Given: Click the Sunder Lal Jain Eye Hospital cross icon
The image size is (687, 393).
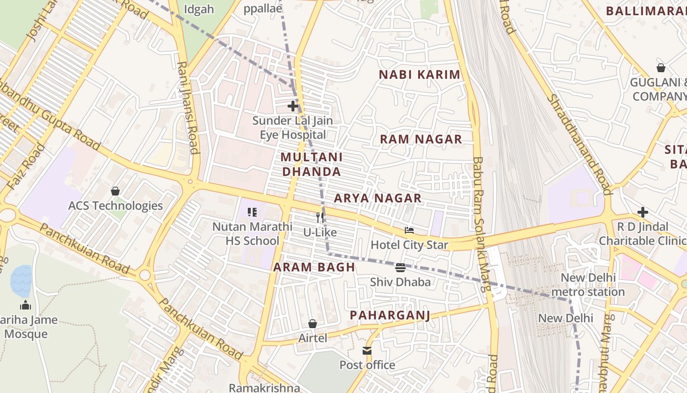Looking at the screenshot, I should pyautogui.click(x=293, y=106).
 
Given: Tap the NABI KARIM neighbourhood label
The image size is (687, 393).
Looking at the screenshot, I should pyautogui.click(x=420, y=75).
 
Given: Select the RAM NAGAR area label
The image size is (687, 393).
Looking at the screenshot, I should pyautogui.click(x=421, y=139).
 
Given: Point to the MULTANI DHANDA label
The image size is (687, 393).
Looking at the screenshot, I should pyautogui.click(x=311, y=164).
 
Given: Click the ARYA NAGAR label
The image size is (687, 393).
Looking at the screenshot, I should pyautogui.click(x=377, y=198).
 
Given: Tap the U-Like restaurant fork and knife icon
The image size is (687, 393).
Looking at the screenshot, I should pyautogui.click(x=320, y=217).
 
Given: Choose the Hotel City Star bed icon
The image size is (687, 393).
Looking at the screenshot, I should pyautogui.click(x=409, y=230).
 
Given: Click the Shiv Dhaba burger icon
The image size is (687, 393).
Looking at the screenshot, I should pyautogui.click(x=400, y=268).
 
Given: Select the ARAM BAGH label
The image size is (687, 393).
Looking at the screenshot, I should pyautogui.click(x=314, y=267).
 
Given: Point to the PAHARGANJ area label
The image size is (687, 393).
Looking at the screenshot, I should pyautogui.click(x=390, y=315).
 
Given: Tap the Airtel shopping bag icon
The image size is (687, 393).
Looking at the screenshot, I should pyautogui.click(x=313, y=324).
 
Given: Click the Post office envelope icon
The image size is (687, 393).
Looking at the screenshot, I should pyautogui.click(x=367, y=350).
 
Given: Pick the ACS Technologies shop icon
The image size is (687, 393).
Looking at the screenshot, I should pyautogui.click(x=115, y=191).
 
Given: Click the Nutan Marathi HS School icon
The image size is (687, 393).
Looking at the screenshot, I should pyautogui.click(x=252, y=212).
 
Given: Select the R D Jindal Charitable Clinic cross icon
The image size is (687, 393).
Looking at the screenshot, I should pyautogui.click(x=643, y=212).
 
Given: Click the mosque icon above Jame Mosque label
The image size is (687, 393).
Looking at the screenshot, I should pyautogui.click(x=26, y=305).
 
